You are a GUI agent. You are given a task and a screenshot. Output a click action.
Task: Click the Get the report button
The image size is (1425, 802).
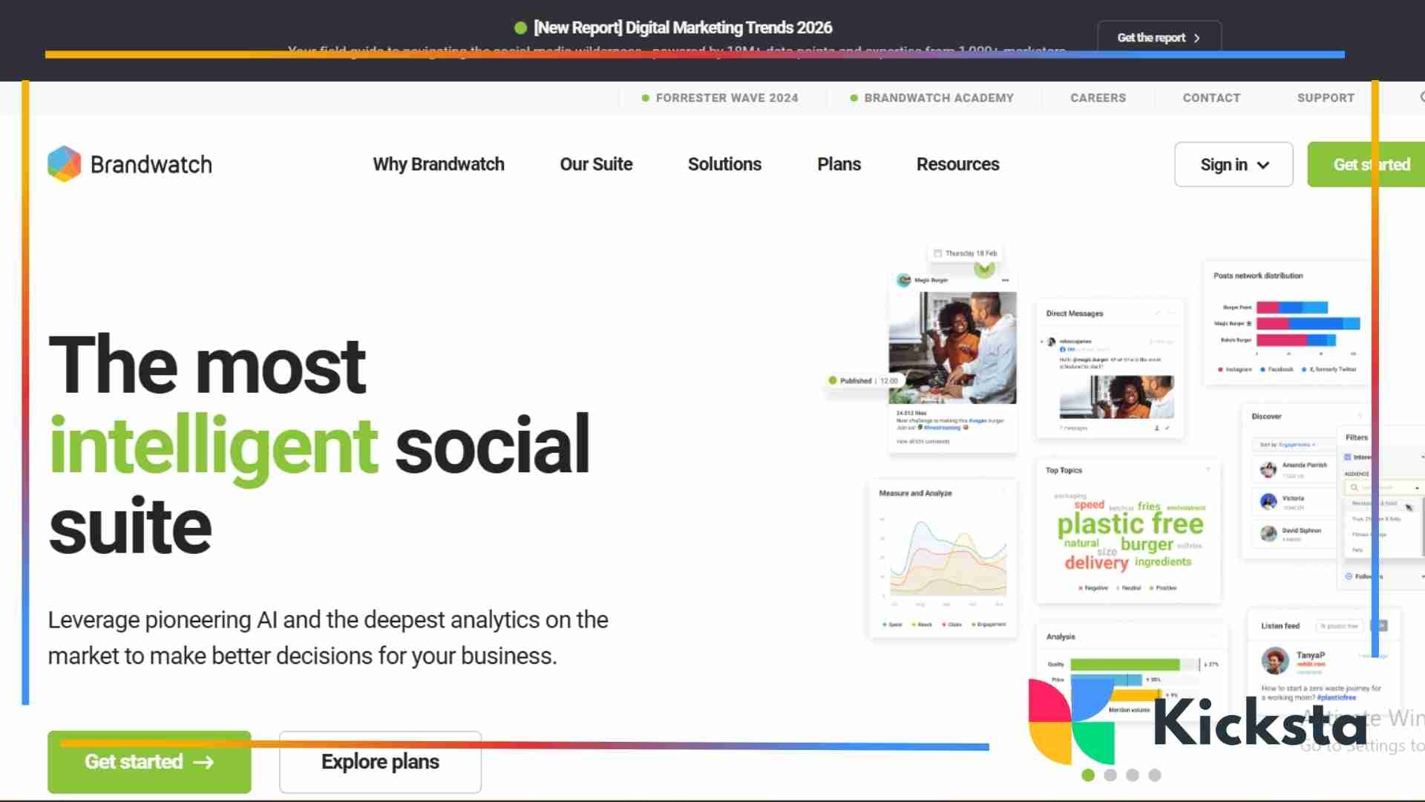click(x=1159, y=37)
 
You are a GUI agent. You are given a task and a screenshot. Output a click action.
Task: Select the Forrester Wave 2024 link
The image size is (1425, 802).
click(x=727, y=98)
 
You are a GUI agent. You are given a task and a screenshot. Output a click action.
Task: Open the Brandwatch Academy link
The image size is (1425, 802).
click(x=938, y=98)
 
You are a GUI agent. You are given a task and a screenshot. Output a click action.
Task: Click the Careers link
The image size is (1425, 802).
click(x=1098, y=98)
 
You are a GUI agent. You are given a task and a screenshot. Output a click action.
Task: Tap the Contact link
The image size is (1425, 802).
click(x=1211, y=98)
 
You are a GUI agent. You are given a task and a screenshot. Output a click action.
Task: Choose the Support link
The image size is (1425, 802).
click(x=1326, y=98)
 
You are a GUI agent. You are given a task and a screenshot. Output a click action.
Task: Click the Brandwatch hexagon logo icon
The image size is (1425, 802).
click(x=65, y=163)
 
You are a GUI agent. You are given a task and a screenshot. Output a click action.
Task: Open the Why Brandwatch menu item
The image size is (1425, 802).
click(x=439, y=164)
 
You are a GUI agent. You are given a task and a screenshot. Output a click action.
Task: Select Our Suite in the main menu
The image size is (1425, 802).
click(x=596, y=164)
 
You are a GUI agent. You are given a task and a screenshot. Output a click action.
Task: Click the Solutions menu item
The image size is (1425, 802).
click(x=724, y=164)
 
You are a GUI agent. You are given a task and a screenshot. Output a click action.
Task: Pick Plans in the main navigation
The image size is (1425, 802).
click(x=839, y=164)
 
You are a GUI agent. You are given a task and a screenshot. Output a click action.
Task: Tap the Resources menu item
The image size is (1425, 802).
click(x=957, y=164)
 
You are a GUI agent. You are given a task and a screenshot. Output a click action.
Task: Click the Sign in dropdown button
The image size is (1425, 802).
click(x=1234, y=164)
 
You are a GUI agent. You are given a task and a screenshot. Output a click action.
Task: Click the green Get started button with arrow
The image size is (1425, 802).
click(x=149, y=762)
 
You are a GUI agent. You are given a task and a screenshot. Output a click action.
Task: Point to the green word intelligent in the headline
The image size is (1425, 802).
click(x=214, y=446)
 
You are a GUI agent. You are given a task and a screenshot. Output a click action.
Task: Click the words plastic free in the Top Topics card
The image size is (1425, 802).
click(x=1130, y=524)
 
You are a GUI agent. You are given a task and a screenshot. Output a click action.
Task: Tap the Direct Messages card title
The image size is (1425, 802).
click(x=1074, y=313)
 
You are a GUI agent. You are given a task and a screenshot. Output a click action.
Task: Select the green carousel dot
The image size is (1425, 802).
click(x=1088, y=775)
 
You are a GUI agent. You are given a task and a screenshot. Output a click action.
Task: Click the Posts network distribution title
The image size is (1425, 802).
click(x=1258, y=276)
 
